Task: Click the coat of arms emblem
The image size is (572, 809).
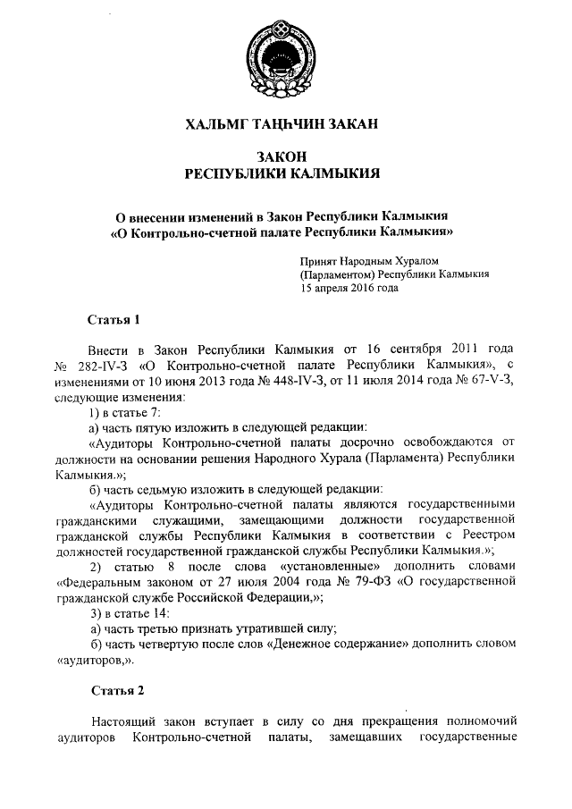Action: (283, 55)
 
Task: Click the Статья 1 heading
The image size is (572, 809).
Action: (114, 318)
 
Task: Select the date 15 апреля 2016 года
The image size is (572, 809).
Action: (349, 289)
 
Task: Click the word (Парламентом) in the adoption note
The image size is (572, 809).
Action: (337, 275)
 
